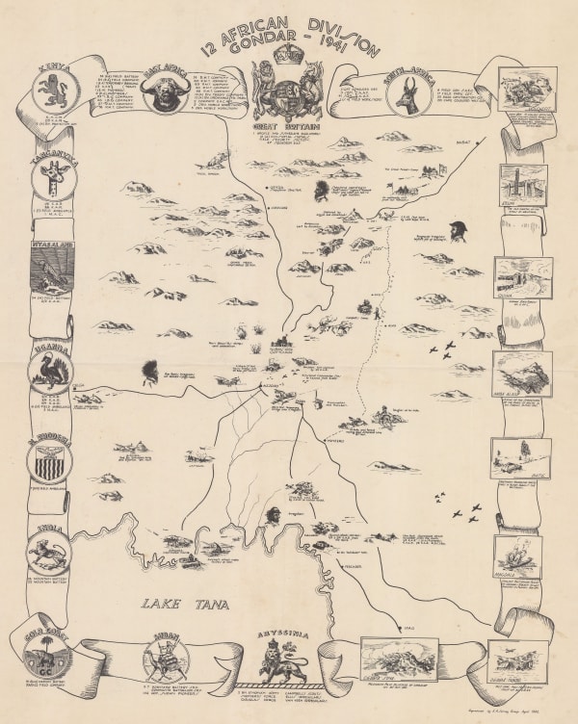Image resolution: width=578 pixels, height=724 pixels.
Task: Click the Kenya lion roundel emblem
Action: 51,93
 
